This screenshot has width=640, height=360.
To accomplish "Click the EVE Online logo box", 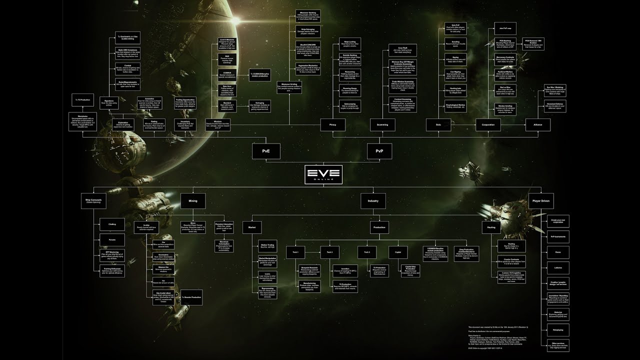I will click(323, 174).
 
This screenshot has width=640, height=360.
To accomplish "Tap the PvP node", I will click(379, 150).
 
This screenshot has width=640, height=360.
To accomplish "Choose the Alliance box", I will click(538, 124).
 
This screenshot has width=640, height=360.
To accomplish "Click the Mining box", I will click(192, 201).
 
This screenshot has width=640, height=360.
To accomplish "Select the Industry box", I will click(373, 201).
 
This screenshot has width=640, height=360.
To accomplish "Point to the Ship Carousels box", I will click(93, 201).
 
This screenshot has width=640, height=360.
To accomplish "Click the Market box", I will click(252, 227).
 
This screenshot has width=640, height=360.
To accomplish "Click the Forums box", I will click(112, 239).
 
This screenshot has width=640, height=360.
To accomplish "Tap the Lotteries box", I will click(557, 268).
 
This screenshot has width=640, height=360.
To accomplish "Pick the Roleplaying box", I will click(557, 330).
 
